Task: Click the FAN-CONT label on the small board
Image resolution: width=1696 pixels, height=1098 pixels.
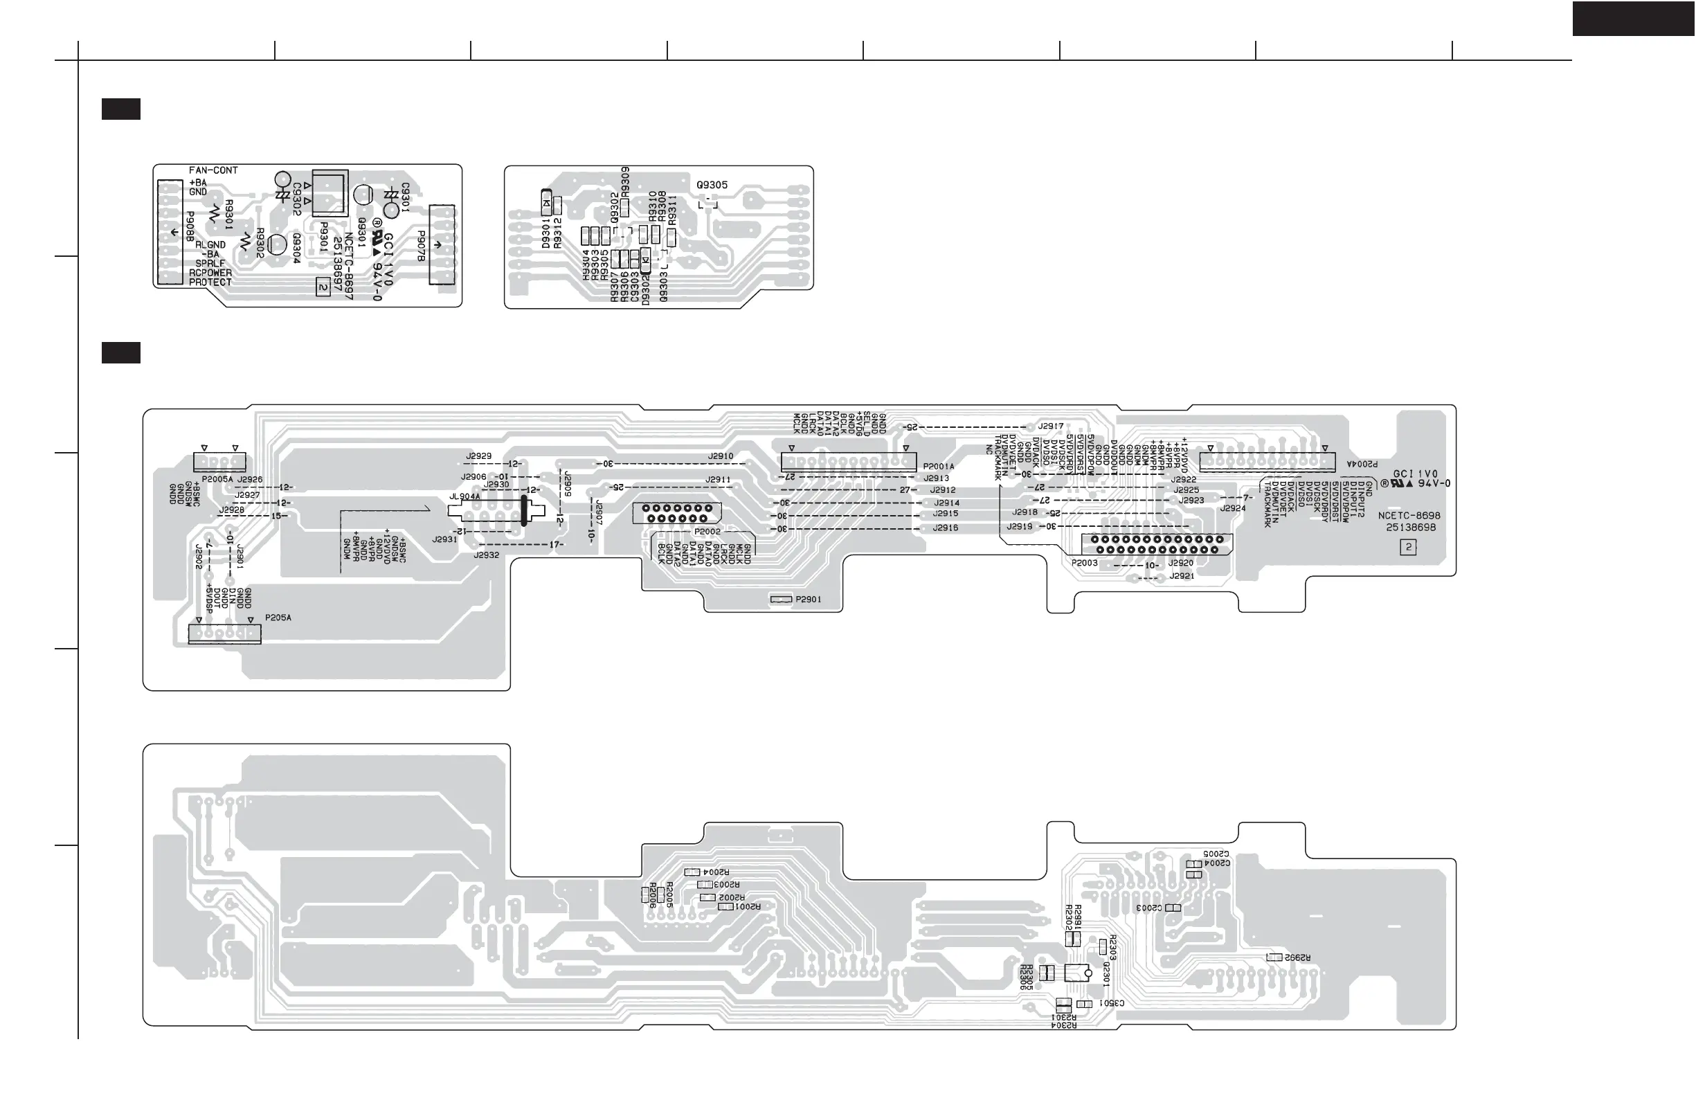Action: click(213, 170)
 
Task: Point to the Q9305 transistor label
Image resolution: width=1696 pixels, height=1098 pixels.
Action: click(712, 186)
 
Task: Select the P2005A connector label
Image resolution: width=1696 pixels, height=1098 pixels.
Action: click(217, 480)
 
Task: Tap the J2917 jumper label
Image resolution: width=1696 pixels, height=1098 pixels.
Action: click(1050, 426)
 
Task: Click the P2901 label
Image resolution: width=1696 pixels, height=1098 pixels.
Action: click(808, 600)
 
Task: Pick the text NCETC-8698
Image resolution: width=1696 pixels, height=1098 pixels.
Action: click(1409, 515)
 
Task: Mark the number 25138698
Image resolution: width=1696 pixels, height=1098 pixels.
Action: click(1411, 528)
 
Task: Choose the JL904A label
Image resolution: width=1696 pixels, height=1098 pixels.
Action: click(464, 496)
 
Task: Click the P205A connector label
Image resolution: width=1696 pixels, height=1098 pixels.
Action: click(278, 618)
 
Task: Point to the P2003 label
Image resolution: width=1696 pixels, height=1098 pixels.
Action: click(1085, 563)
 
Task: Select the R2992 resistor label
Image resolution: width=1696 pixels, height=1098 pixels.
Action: click(1298, 957)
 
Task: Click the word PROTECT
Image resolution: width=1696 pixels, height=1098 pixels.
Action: click(210, 282)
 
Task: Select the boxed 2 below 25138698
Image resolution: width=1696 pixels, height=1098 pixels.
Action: click(1408, 547)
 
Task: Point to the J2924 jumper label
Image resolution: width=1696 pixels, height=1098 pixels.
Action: click(1233, 508)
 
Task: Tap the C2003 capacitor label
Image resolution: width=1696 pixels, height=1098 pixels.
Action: click(1148, 908)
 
